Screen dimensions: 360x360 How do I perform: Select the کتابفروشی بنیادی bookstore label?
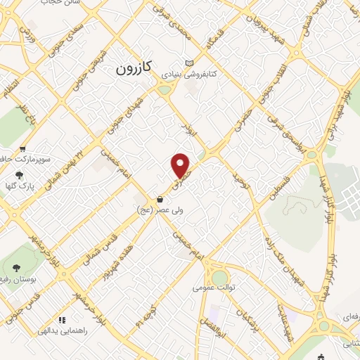coord(215,73)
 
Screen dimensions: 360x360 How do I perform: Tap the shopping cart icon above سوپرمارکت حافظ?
coord(23,149)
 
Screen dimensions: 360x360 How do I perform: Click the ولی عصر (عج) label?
coord(161,210)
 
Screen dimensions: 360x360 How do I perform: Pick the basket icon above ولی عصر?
coord(161,199)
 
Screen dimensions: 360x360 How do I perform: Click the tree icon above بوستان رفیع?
coord(16,268)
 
